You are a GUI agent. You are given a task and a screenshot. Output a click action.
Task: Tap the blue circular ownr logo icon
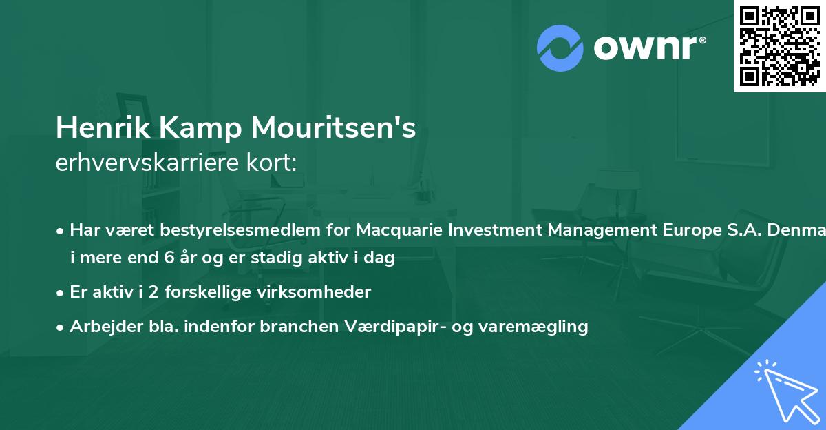pyautogui.click(x=560, y=48)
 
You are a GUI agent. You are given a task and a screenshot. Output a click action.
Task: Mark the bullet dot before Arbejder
pyautogui.click(x=61, y=327)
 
